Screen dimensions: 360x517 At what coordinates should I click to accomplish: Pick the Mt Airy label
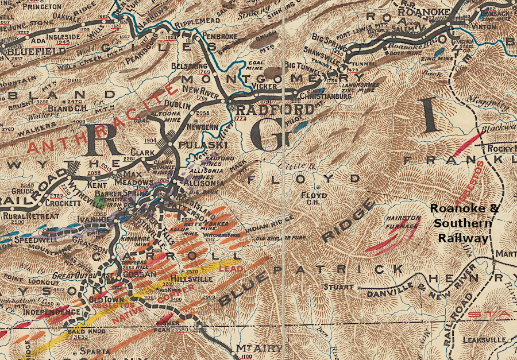click(252, 349)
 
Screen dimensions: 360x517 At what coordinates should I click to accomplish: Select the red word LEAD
click(235, 269)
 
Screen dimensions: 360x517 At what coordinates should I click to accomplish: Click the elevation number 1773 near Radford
click(241, 118)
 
